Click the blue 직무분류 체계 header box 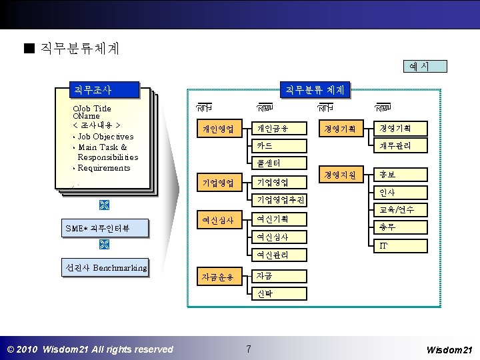(x=314, y=89)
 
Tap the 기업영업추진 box (x=279, y=199)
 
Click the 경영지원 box (x=339, y=175)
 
